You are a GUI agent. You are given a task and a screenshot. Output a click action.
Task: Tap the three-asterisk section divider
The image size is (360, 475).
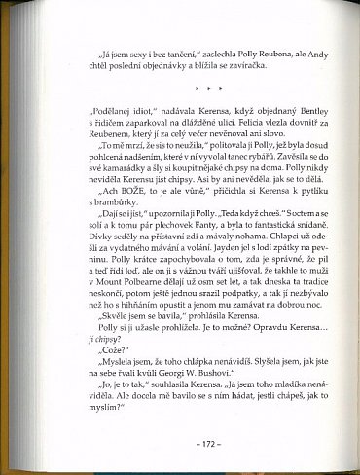click(x=185, y=87)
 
